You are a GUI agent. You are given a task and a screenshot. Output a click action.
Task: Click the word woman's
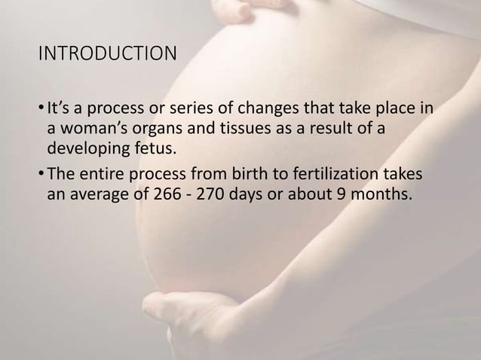[x=94, y=129]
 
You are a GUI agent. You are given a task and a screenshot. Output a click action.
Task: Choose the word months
[x=380, y=192]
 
